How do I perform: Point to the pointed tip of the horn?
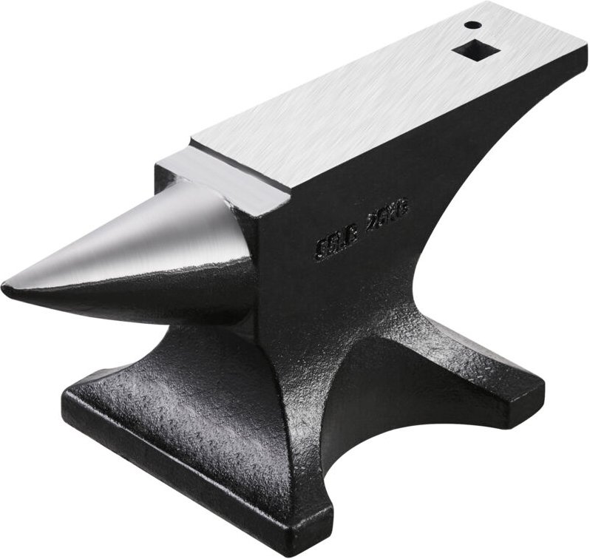point(9,283)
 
